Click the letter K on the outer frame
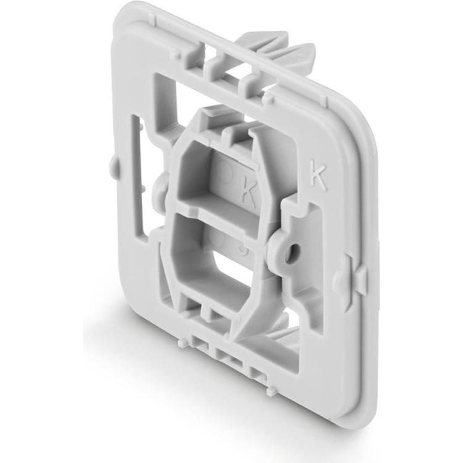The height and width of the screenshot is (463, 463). click(318, 177)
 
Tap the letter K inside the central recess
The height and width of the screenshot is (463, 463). click(249, 195)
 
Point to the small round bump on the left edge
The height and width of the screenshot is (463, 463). click(113, 164)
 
